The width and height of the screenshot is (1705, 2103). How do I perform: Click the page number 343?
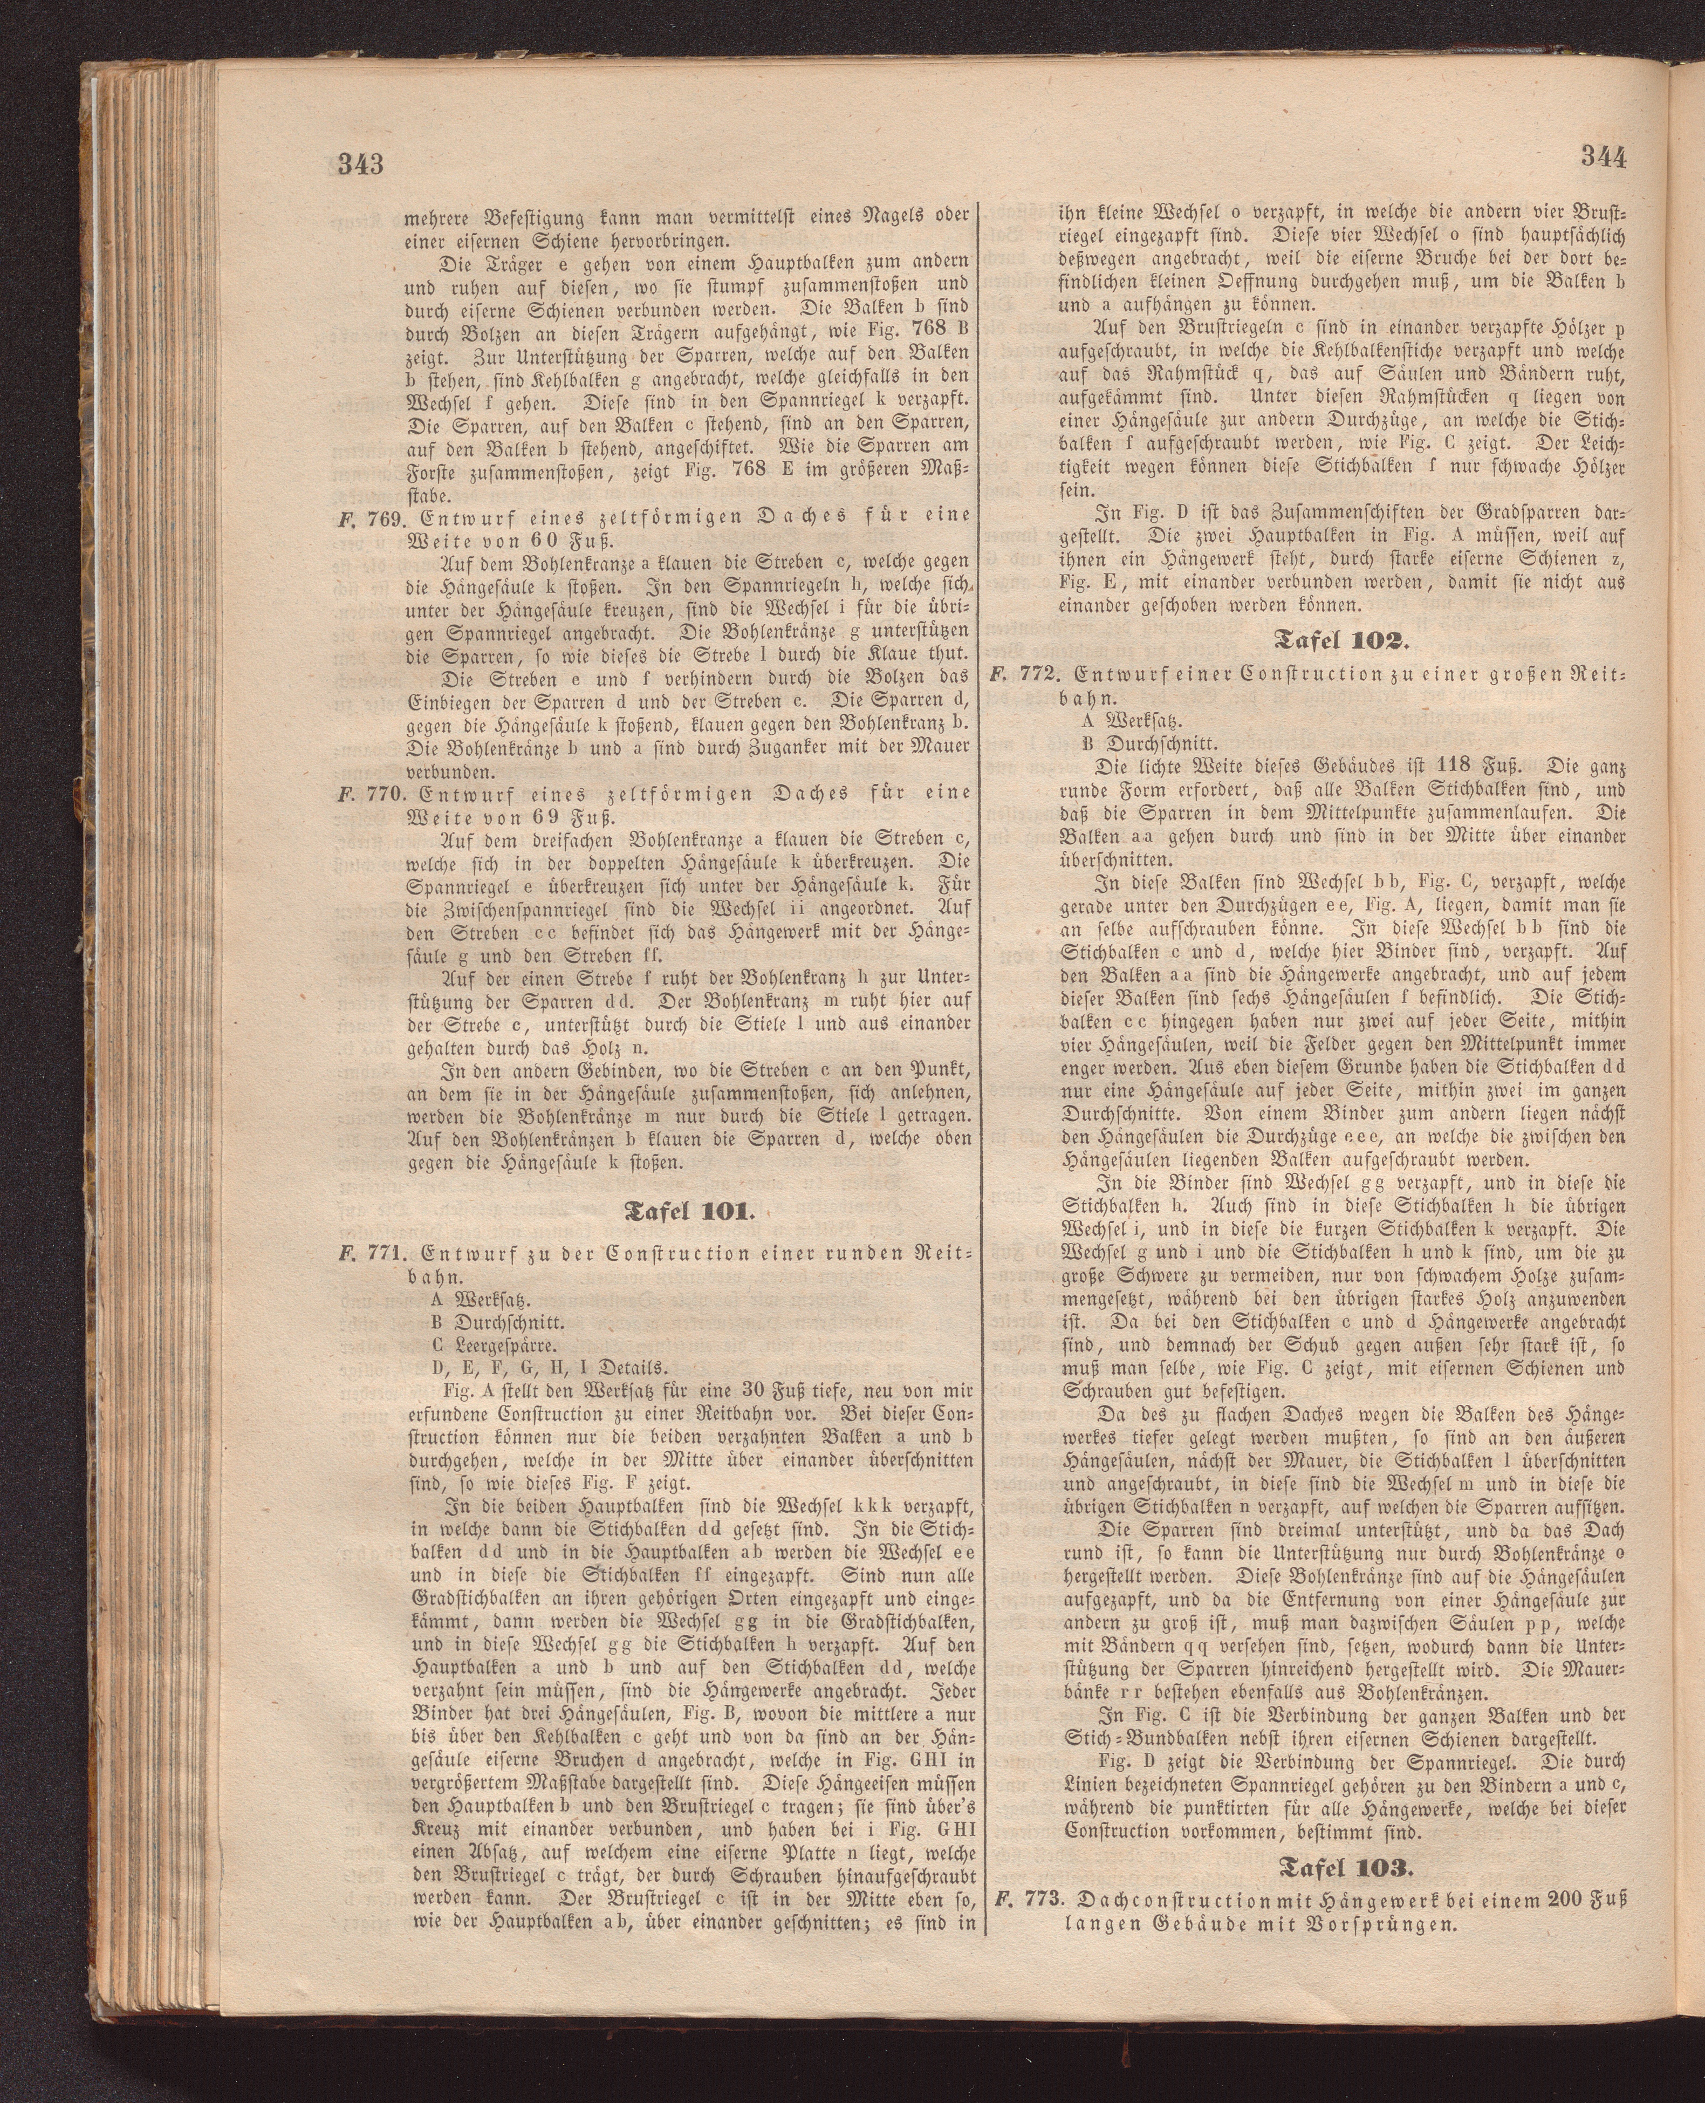coord(359,163)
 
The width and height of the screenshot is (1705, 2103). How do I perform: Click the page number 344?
coord(1603,157)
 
